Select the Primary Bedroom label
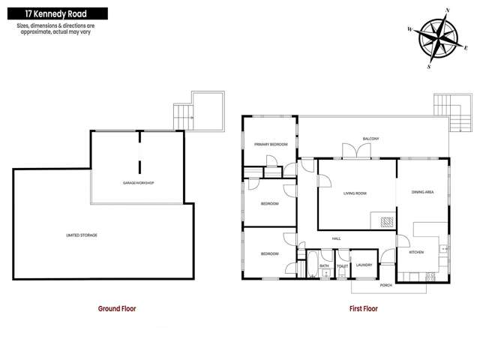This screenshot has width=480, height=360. (x=270, y=144)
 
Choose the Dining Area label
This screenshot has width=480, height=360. (x=423, y=193)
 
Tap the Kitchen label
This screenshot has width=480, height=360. (x=416, y=252)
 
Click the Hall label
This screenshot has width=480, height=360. (x=336, y=238)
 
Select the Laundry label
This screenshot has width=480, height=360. (x=364, y=265)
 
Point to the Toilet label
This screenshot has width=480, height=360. (x=342, y=265)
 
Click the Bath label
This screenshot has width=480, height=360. (x=324, y=265)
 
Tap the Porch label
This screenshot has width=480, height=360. (x=386, y=286)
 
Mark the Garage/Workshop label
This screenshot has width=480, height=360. (x=139, y=183)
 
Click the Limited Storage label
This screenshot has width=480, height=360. (x=82, y=235)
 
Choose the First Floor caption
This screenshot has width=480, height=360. (x=364, y=308)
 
